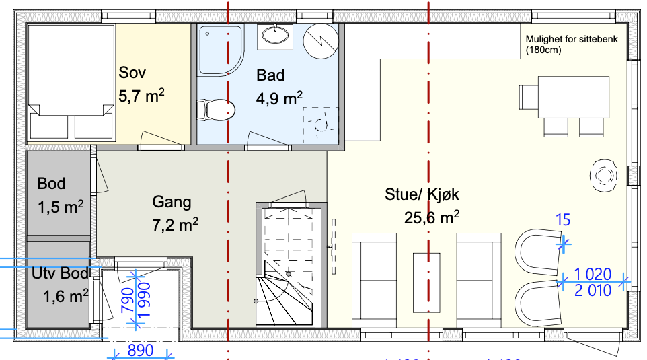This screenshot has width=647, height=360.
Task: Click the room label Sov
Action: click(x=132, y=73)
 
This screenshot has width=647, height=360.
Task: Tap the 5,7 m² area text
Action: click(x=142, y=96)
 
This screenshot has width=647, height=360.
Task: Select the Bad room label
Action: click(x=270, y=75)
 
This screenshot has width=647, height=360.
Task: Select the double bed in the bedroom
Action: click(x=69, y=82)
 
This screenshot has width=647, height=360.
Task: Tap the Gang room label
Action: click(x=172, y=202)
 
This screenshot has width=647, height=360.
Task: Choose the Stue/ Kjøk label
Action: click(x=422, y=196)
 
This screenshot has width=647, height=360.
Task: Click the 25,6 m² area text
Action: click(x=432, y=217)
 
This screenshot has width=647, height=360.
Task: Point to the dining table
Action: click(x=564, y=92)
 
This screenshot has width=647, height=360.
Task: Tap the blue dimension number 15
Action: click(x=563, y=219)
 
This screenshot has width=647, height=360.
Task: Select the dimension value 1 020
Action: click(x=593, y=274)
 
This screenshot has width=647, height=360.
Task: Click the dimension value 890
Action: click(x=140, y=351)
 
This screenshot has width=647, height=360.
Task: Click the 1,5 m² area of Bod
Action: click(x=61, y=206)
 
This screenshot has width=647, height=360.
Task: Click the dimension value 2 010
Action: click(x=593, y=291)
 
